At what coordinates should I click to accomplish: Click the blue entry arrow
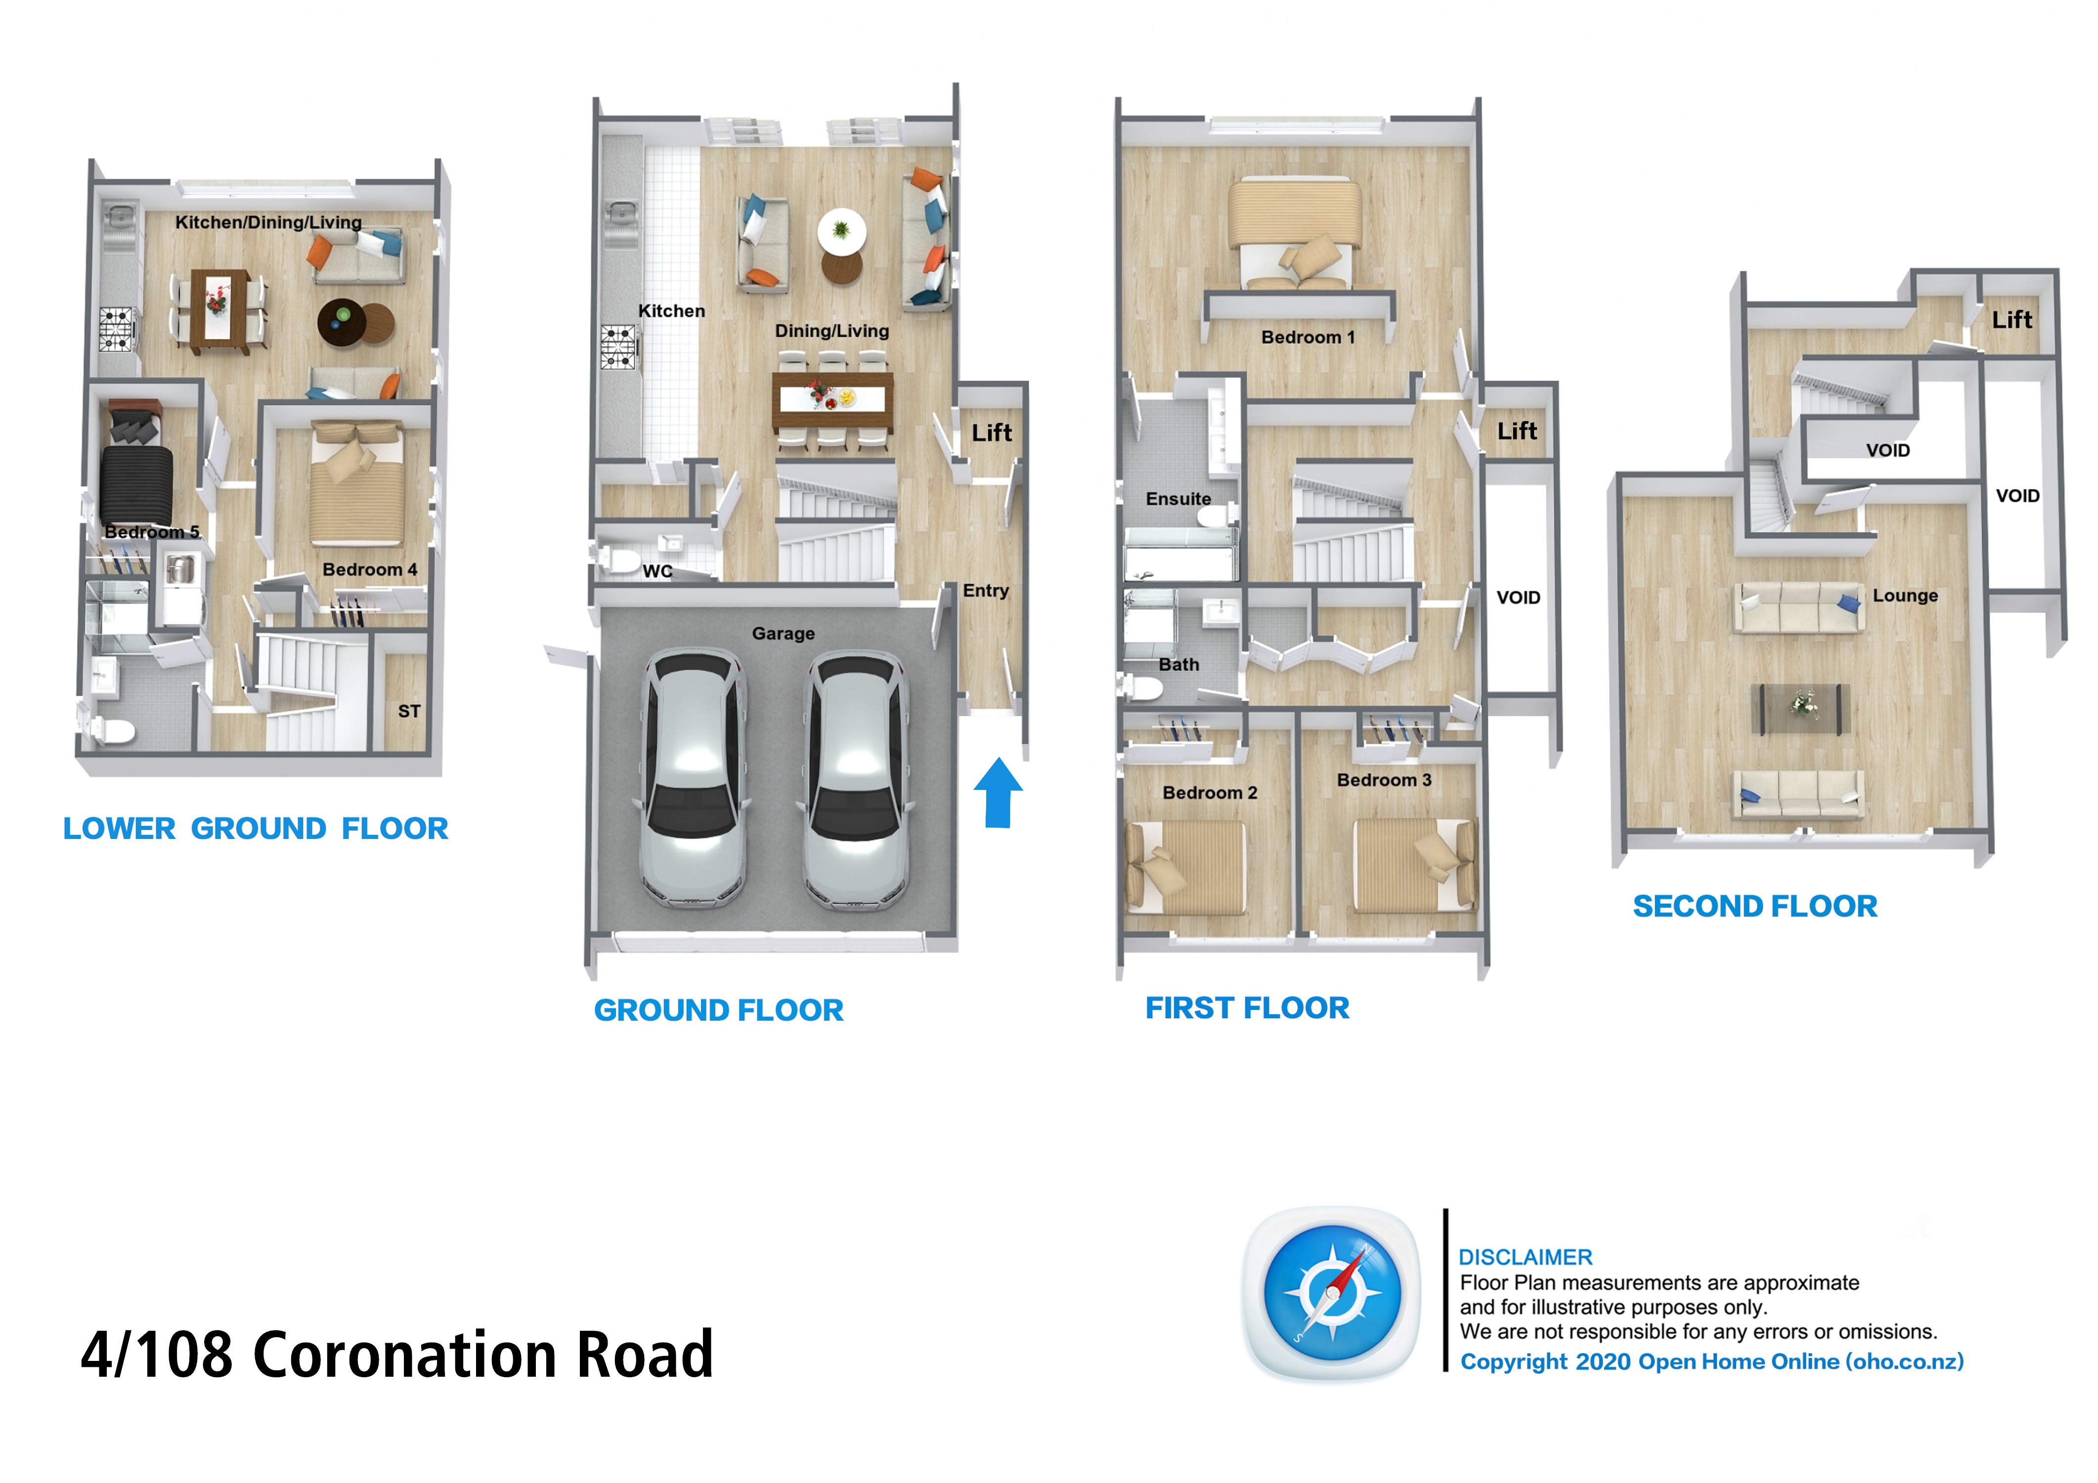click(x=998, y=793)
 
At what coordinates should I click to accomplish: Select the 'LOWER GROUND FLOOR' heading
click(x=256, y=829)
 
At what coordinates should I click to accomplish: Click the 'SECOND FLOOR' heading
click(x=1754, y=907)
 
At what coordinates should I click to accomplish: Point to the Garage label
click(x=783, y=633)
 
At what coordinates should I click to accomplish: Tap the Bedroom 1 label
click(x=1308, y=337)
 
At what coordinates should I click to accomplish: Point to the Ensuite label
click(x=1178, y=499)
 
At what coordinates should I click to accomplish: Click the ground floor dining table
click(x=832, y=402)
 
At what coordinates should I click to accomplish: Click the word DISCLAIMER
click(x=1525, y=1257)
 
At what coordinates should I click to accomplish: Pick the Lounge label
click(x=1905, y=596)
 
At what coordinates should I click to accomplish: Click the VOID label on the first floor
click(x=1518, y=598)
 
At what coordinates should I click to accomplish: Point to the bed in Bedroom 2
click(x=1186, y=867)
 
